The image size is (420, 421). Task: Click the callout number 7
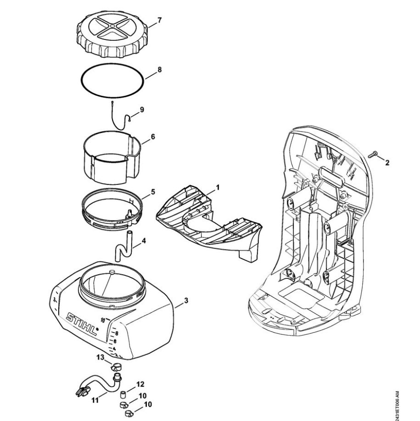[159, 20]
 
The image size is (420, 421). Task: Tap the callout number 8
[159, 70]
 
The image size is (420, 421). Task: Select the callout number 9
[142, 110]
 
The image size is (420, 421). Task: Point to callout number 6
[153, 136]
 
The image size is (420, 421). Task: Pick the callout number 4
[144, 239]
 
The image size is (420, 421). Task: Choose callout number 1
[218, 187]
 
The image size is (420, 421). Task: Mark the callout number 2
[387, 163]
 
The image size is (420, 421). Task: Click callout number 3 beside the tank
[185, 301]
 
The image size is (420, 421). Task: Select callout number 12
[141, 383]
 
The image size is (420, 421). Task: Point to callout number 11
[95, 400]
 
